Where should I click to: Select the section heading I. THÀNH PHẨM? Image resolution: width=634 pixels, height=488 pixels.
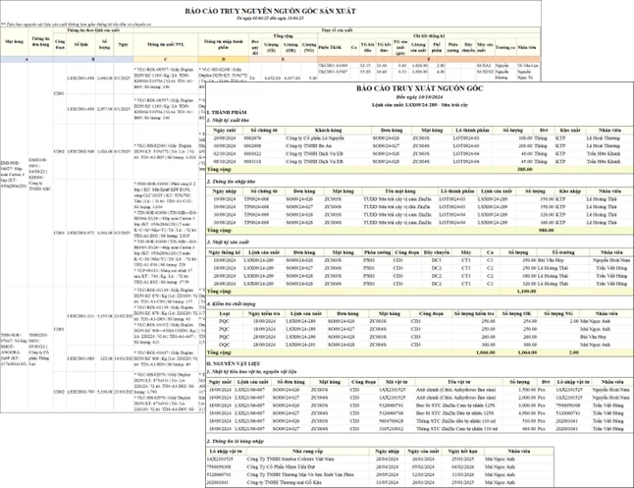[x=228, y=114]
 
